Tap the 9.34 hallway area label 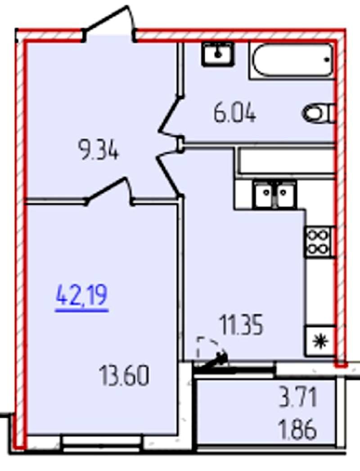98,150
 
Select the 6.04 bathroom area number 234,113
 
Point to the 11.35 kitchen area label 242,325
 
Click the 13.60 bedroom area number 124,376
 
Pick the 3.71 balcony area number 298,397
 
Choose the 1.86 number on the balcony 297,430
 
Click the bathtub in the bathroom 292,60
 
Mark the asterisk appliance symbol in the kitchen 320,341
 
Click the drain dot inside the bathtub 327,59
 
